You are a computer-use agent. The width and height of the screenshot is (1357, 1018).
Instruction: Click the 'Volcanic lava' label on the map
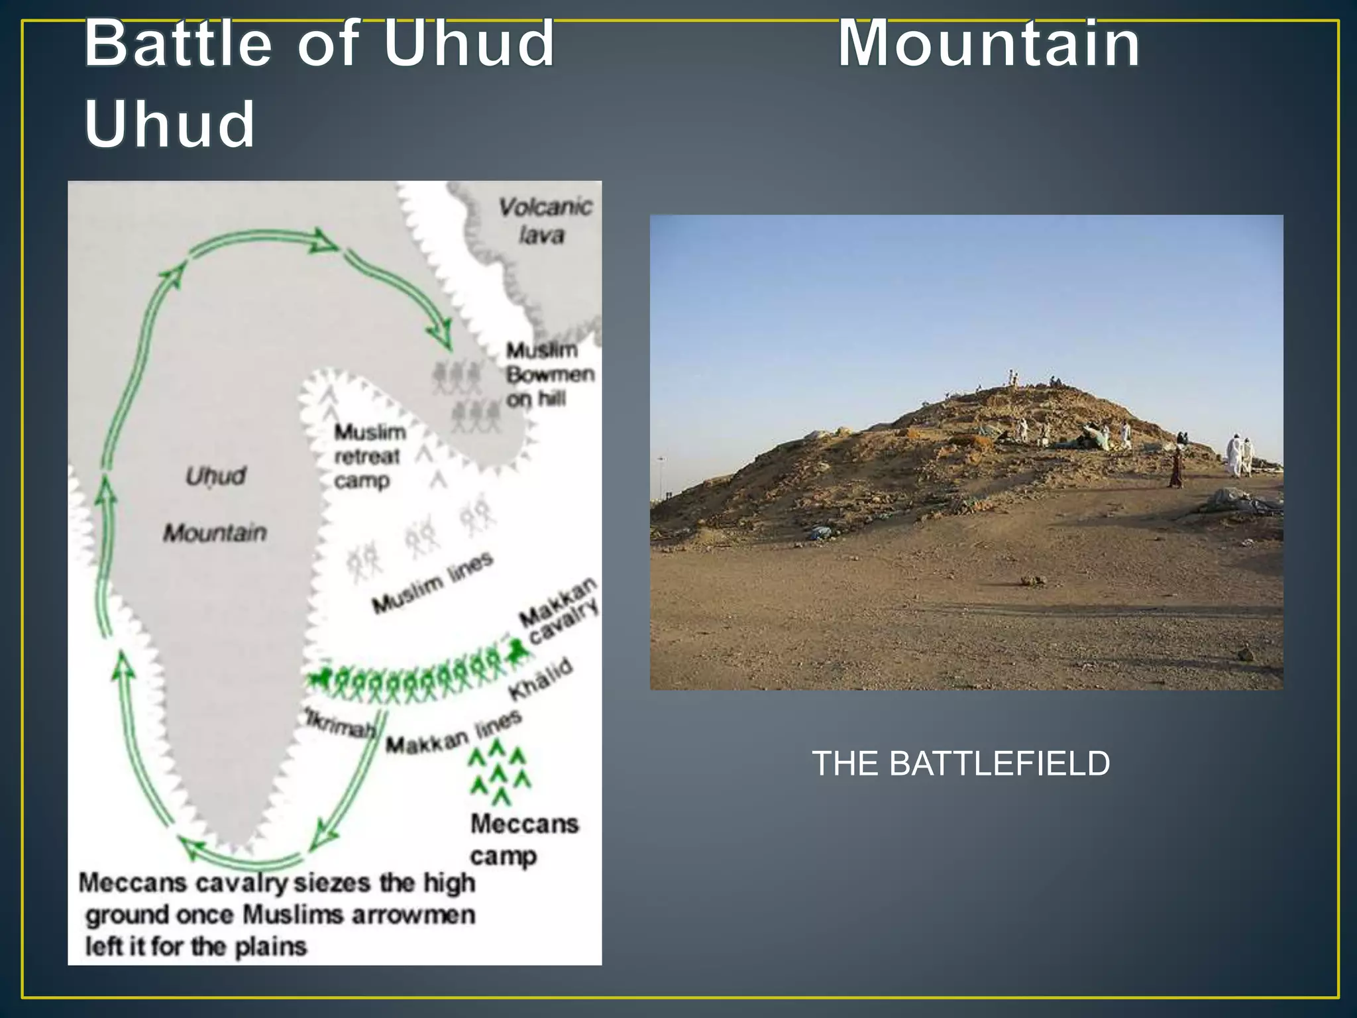(x=544, y=221)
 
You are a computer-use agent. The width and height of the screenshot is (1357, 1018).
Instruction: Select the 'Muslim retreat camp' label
(x=368, y=457)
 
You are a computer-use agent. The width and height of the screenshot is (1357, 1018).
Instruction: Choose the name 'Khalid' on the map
(x=540, y=679)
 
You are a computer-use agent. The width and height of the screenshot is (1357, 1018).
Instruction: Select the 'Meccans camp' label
(x=523, y=840)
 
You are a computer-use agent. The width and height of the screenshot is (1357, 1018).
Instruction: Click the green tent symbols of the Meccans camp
(x=499, y=772)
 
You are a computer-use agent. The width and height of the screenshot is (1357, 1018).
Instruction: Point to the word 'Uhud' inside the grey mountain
(x=215, y=476)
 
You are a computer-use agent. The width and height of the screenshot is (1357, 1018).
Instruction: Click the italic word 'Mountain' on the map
(x=215, y=533)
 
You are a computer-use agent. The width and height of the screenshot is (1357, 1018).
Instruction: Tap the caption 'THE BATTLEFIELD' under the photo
(x=961, y=763)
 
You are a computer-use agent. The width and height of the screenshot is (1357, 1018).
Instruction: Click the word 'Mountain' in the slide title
(x=989, y=44)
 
